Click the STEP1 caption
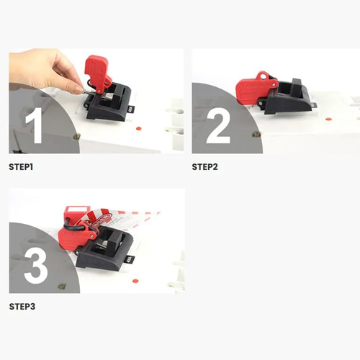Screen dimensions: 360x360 [x=21, y=167]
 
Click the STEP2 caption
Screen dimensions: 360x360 [x=204, y=167]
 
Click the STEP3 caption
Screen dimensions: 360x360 [x=22, y=307]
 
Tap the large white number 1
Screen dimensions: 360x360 [x=35, y=125]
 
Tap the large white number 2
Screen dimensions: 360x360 [x=218, y=125]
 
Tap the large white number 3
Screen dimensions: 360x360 [x=36, y=265]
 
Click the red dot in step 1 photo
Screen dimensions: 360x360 [x=138, y=129]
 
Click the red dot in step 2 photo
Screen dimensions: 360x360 [x=328, y=119]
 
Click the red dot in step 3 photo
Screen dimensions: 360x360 [x=135, y=281]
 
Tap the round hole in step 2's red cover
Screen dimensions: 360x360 [x=264, y=77]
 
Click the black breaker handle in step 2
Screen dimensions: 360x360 [x=298, y=87]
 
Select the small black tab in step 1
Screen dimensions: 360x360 [x=132, y=109]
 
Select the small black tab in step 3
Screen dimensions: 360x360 [x=131, y=260]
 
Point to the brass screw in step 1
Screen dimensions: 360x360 [x=77, y=137]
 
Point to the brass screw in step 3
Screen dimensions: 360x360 [x=62, y=286]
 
